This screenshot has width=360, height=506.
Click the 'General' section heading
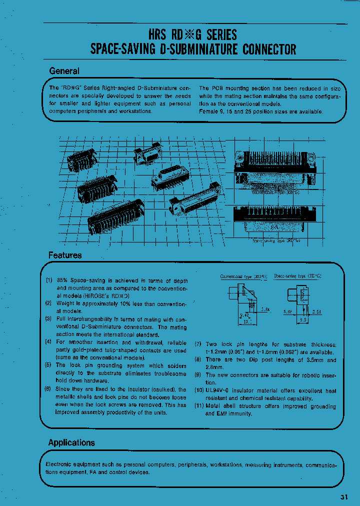64,71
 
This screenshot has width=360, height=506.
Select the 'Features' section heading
65,255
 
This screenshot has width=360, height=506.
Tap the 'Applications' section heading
71,442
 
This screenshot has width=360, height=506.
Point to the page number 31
344,497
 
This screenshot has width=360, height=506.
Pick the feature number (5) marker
49,365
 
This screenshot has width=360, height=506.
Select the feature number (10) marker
199,390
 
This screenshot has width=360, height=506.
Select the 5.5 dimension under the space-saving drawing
302,319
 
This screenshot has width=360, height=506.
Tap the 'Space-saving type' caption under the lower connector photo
276,240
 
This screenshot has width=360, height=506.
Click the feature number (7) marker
198,344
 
